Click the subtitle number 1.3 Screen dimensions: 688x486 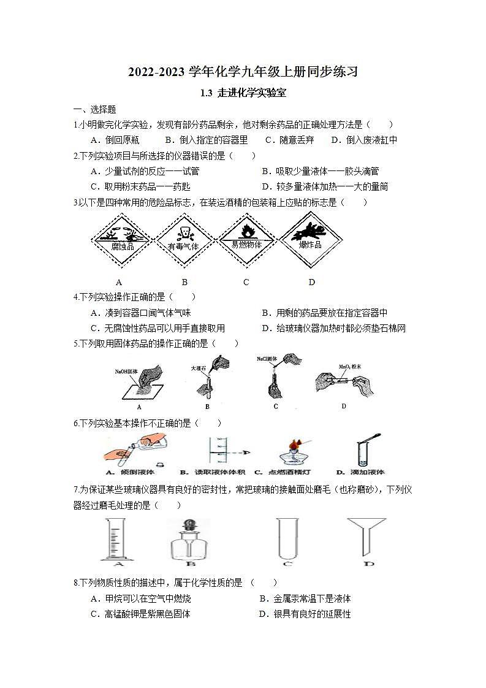207,94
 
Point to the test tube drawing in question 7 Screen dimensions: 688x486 286,540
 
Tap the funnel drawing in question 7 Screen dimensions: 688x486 366,535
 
